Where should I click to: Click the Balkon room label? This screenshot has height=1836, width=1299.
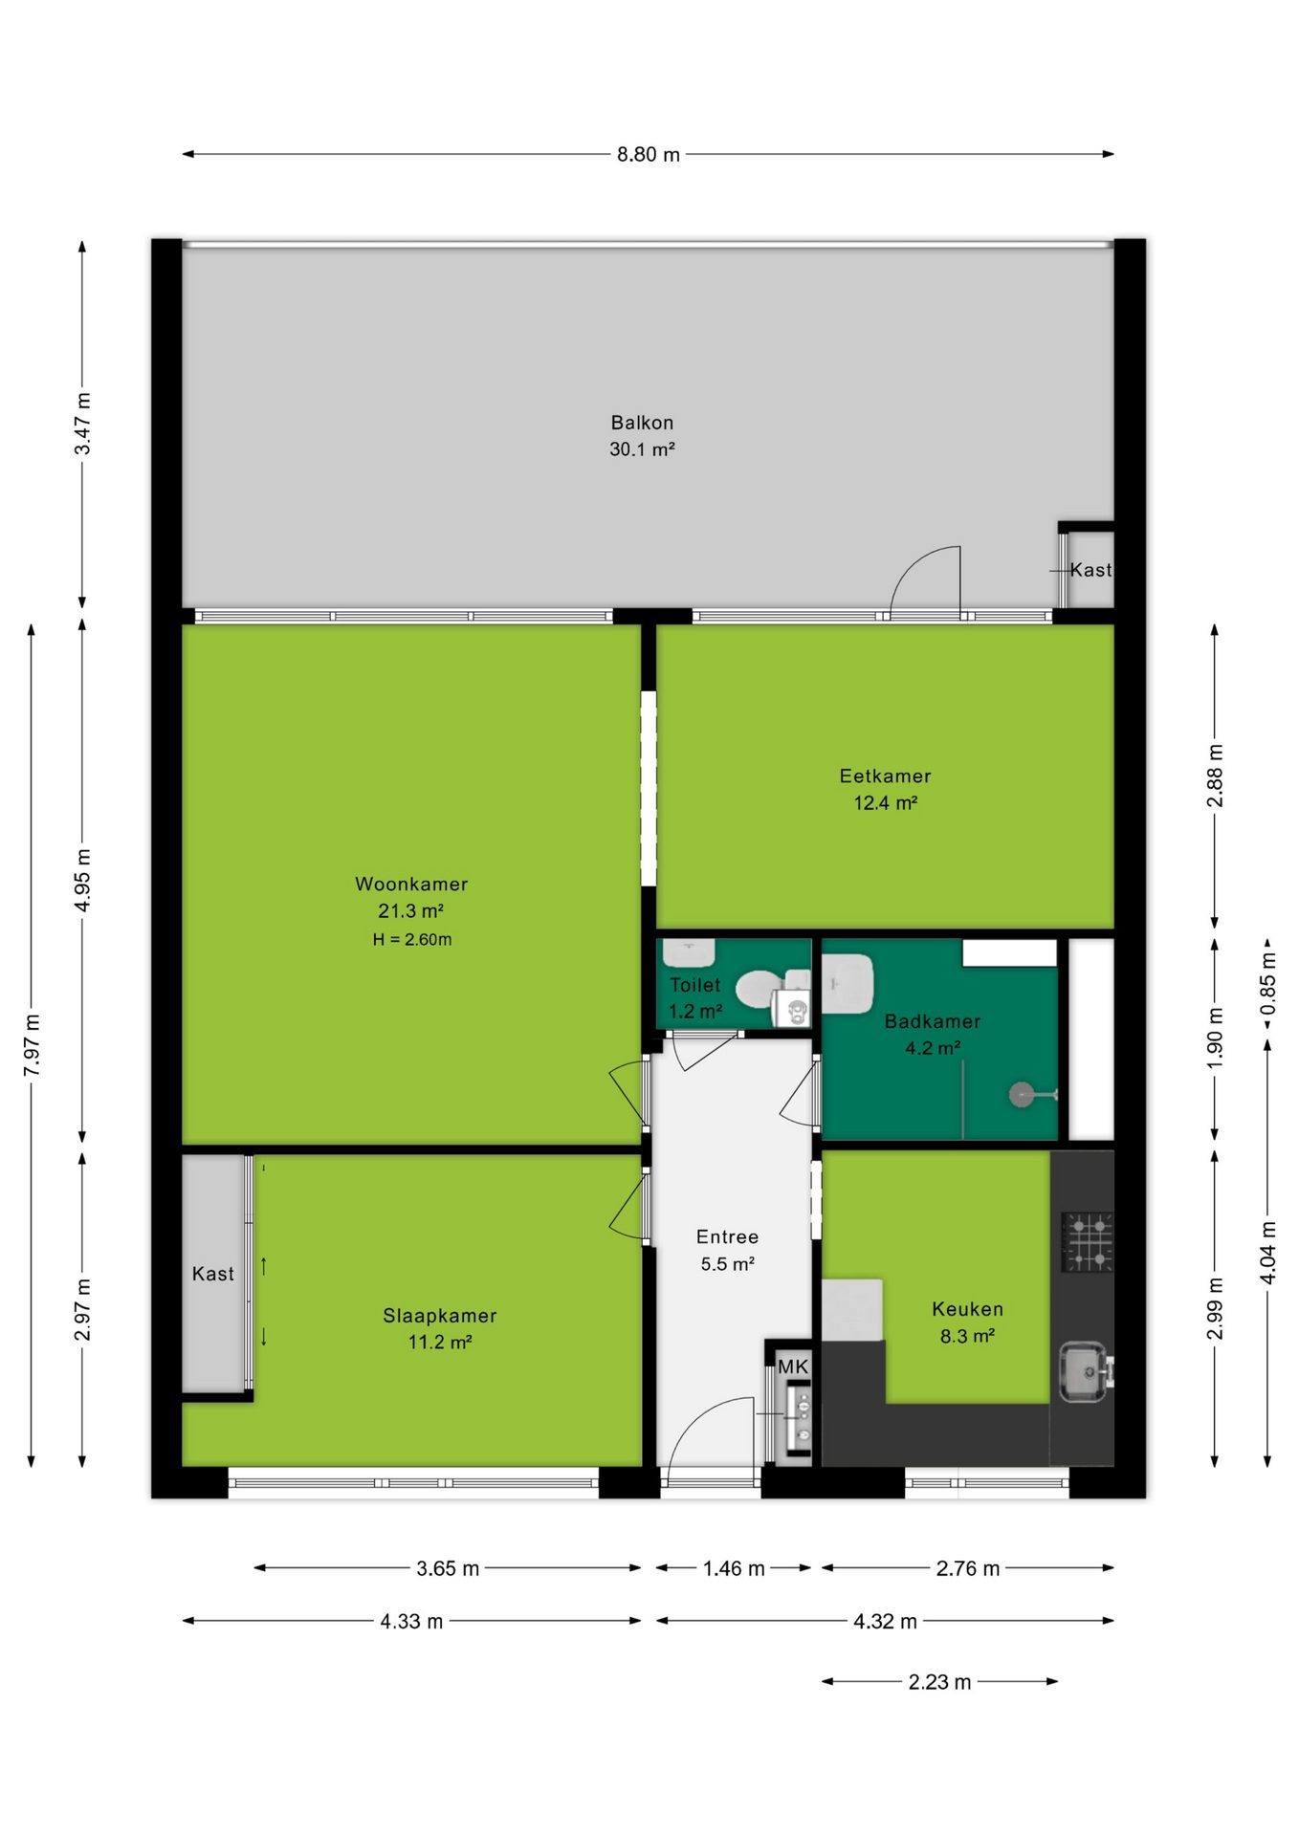pyautogui.click(x=642, y=422)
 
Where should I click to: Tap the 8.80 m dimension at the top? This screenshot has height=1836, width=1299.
pyautogui.click(x=649, y=154)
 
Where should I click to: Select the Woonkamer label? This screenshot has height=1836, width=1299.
pyautogui.click(x=411, y=884)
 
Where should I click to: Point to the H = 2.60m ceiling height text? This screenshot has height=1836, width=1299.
pyautogui.click(x=412, y=939)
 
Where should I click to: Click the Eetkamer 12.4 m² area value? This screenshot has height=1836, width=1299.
pyautogui.click(x=886, y=802)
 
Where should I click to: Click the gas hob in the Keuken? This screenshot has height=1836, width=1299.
pyautogui.click(x=1088, y=1241)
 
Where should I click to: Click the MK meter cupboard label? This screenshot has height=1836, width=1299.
pyautogui.click(x=793, y=1366)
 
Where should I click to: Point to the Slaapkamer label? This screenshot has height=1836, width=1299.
pyautogui.click(x=440, y=1316)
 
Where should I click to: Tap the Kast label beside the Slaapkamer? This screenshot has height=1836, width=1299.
pyautogui.click(x=212, y=1274)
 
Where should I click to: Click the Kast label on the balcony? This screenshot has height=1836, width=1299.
pyautogui.click(x=1090, y=570)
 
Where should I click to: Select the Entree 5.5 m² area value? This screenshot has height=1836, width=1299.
pyautogui.click(x=728, y=1263)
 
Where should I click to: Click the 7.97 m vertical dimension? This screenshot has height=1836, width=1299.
pyautogui.click(x=32, y=1045)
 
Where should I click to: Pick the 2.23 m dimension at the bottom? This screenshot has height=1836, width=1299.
pyautogui.click(x=939, y=1682)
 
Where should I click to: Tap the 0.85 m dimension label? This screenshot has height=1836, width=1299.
pyautogui.click(x=1267, y=984)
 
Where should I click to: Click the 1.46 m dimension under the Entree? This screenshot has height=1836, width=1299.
pyautogui.click(x=734, y=1568)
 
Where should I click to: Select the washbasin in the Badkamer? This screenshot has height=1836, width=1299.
pyautogui.click(x=848, y=983)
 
